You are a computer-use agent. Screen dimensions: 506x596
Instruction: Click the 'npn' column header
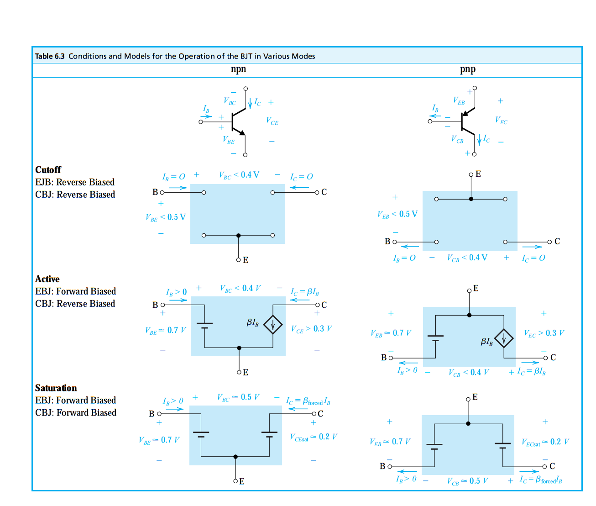(238, 69)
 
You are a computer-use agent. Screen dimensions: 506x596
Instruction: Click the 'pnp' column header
(468, 69)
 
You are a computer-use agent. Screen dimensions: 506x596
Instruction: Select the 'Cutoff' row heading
(48, 169)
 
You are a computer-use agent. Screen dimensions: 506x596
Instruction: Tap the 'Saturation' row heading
(56, 388)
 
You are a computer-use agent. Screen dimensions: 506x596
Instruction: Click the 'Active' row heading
(47, 279)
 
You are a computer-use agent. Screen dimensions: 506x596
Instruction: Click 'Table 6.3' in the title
(50, 56)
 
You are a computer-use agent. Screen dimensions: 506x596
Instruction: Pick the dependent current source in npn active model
(273, 325)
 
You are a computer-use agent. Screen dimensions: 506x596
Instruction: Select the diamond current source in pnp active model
(504, 338)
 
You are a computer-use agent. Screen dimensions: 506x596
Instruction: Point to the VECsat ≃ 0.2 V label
(545, 442)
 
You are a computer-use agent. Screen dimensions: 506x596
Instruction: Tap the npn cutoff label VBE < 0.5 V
(166, 217)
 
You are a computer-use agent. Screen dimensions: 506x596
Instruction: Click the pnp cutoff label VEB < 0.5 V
(397, 214)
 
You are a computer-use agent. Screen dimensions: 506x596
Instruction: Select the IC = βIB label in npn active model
(305, 292)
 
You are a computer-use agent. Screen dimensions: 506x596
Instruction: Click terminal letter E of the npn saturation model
(242, 481)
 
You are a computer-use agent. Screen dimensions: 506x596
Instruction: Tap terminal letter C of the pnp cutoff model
(557, 241)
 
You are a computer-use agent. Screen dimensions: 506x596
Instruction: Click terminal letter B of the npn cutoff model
(155, 192)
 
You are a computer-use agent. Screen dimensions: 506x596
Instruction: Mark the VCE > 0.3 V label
(311, 329)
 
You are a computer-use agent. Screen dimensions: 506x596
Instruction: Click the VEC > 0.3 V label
(544, 333)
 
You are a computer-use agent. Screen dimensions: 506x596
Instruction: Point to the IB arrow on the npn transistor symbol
(206, 116)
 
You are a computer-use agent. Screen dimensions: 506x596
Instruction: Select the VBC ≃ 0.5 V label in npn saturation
(238, 397)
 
